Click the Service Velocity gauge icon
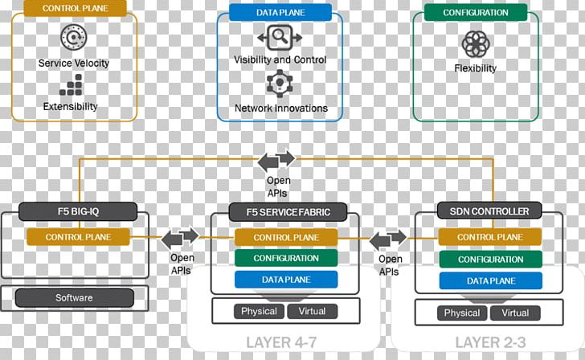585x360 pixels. [72, 37]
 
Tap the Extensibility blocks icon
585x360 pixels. [72, 84]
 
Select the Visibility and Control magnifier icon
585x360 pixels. [279, 37]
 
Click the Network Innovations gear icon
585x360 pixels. [280, 84]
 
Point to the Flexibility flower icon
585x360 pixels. [475, 43]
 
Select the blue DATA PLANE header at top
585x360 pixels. [279, 12]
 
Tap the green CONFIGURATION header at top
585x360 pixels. [475, 12]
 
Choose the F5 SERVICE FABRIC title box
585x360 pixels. [280, 212]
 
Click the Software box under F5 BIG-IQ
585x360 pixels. [74, 298]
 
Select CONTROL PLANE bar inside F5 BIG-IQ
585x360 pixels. [78, 237]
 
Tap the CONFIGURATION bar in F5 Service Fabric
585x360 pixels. [286, 258]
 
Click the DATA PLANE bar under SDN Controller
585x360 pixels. [490, 280]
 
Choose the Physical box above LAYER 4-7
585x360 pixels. [259, 311]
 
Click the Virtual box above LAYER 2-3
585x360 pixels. [515, 313]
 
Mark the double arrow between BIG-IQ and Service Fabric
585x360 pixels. [181, 238]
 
